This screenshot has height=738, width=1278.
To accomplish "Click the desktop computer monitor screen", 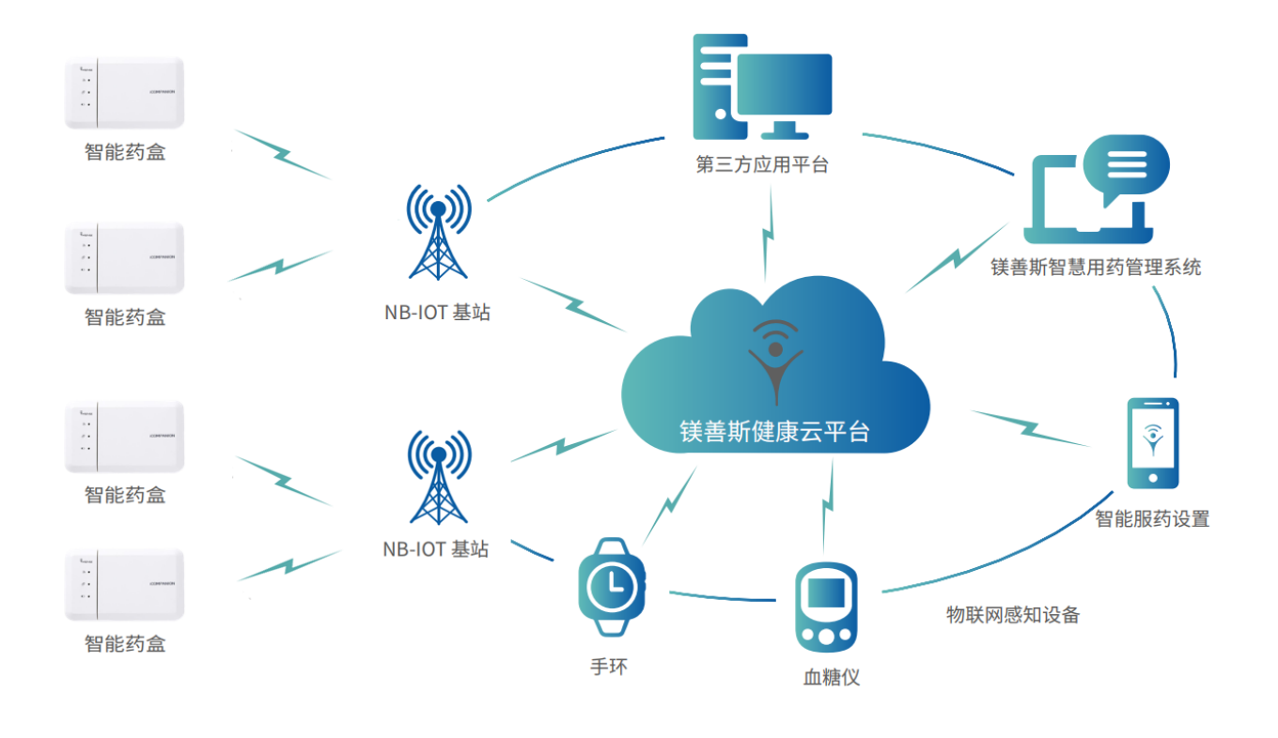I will click(785, 84).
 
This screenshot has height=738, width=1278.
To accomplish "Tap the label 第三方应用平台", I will click(762, 165).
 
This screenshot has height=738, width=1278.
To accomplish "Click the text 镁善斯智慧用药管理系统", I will click(1096, 268).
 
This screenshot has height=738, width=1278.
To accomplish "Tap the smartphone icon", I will click(1151, 442).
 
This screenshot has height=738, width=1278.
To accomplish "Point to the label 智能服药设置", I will click(1151, 518).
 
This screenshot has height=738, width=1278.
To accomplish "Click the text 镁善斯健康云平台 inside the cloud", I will click(775, 431).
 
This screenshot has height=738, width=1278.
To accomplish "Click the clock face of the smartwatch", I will click(610, 587).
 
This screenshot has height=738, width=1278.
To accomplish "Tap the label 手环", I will click(608, 668).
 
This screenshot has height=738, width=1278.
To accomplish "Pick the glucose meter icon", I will click(826, 607).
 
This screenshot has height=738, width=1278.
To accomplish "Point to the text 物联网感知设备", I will click(1012, 615).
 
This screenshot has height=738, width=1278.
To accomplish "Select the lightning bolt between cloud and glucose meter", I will click(827, 507).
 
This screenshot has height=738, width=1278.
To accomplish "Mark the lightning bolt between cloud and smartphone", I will click(1030, 427).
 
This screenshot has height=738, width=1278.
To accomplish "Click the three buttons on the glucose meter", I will click(826, 637).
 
